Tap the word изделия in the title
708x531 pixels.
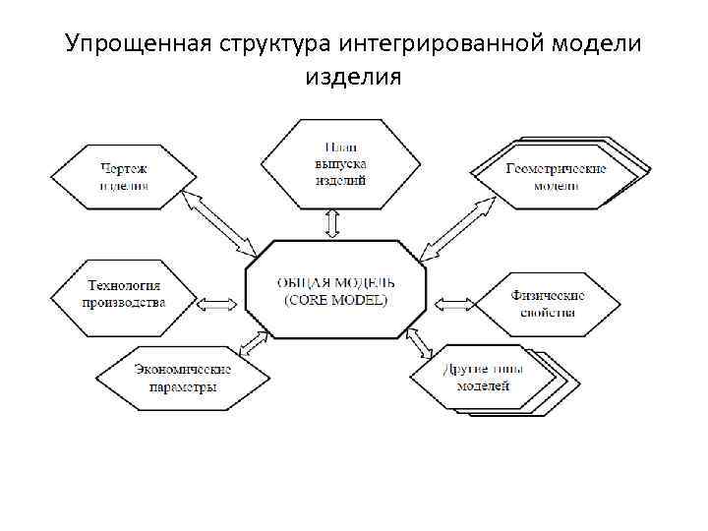(x=353, y=76)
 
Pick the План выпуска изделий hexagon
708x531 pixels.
(x=332, y=163)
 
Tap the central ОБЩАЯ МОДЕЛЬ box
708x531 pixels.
(x=335, y=289)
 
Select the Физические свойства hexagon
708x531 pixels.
(x=548, y=303)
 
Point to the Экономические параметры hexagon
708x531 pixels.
(x=183, y=378)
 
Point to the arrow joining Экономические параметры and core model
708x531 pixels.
(x=253, y=344)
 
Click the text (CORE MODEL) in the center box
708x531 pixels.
(x=335, y=300)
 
